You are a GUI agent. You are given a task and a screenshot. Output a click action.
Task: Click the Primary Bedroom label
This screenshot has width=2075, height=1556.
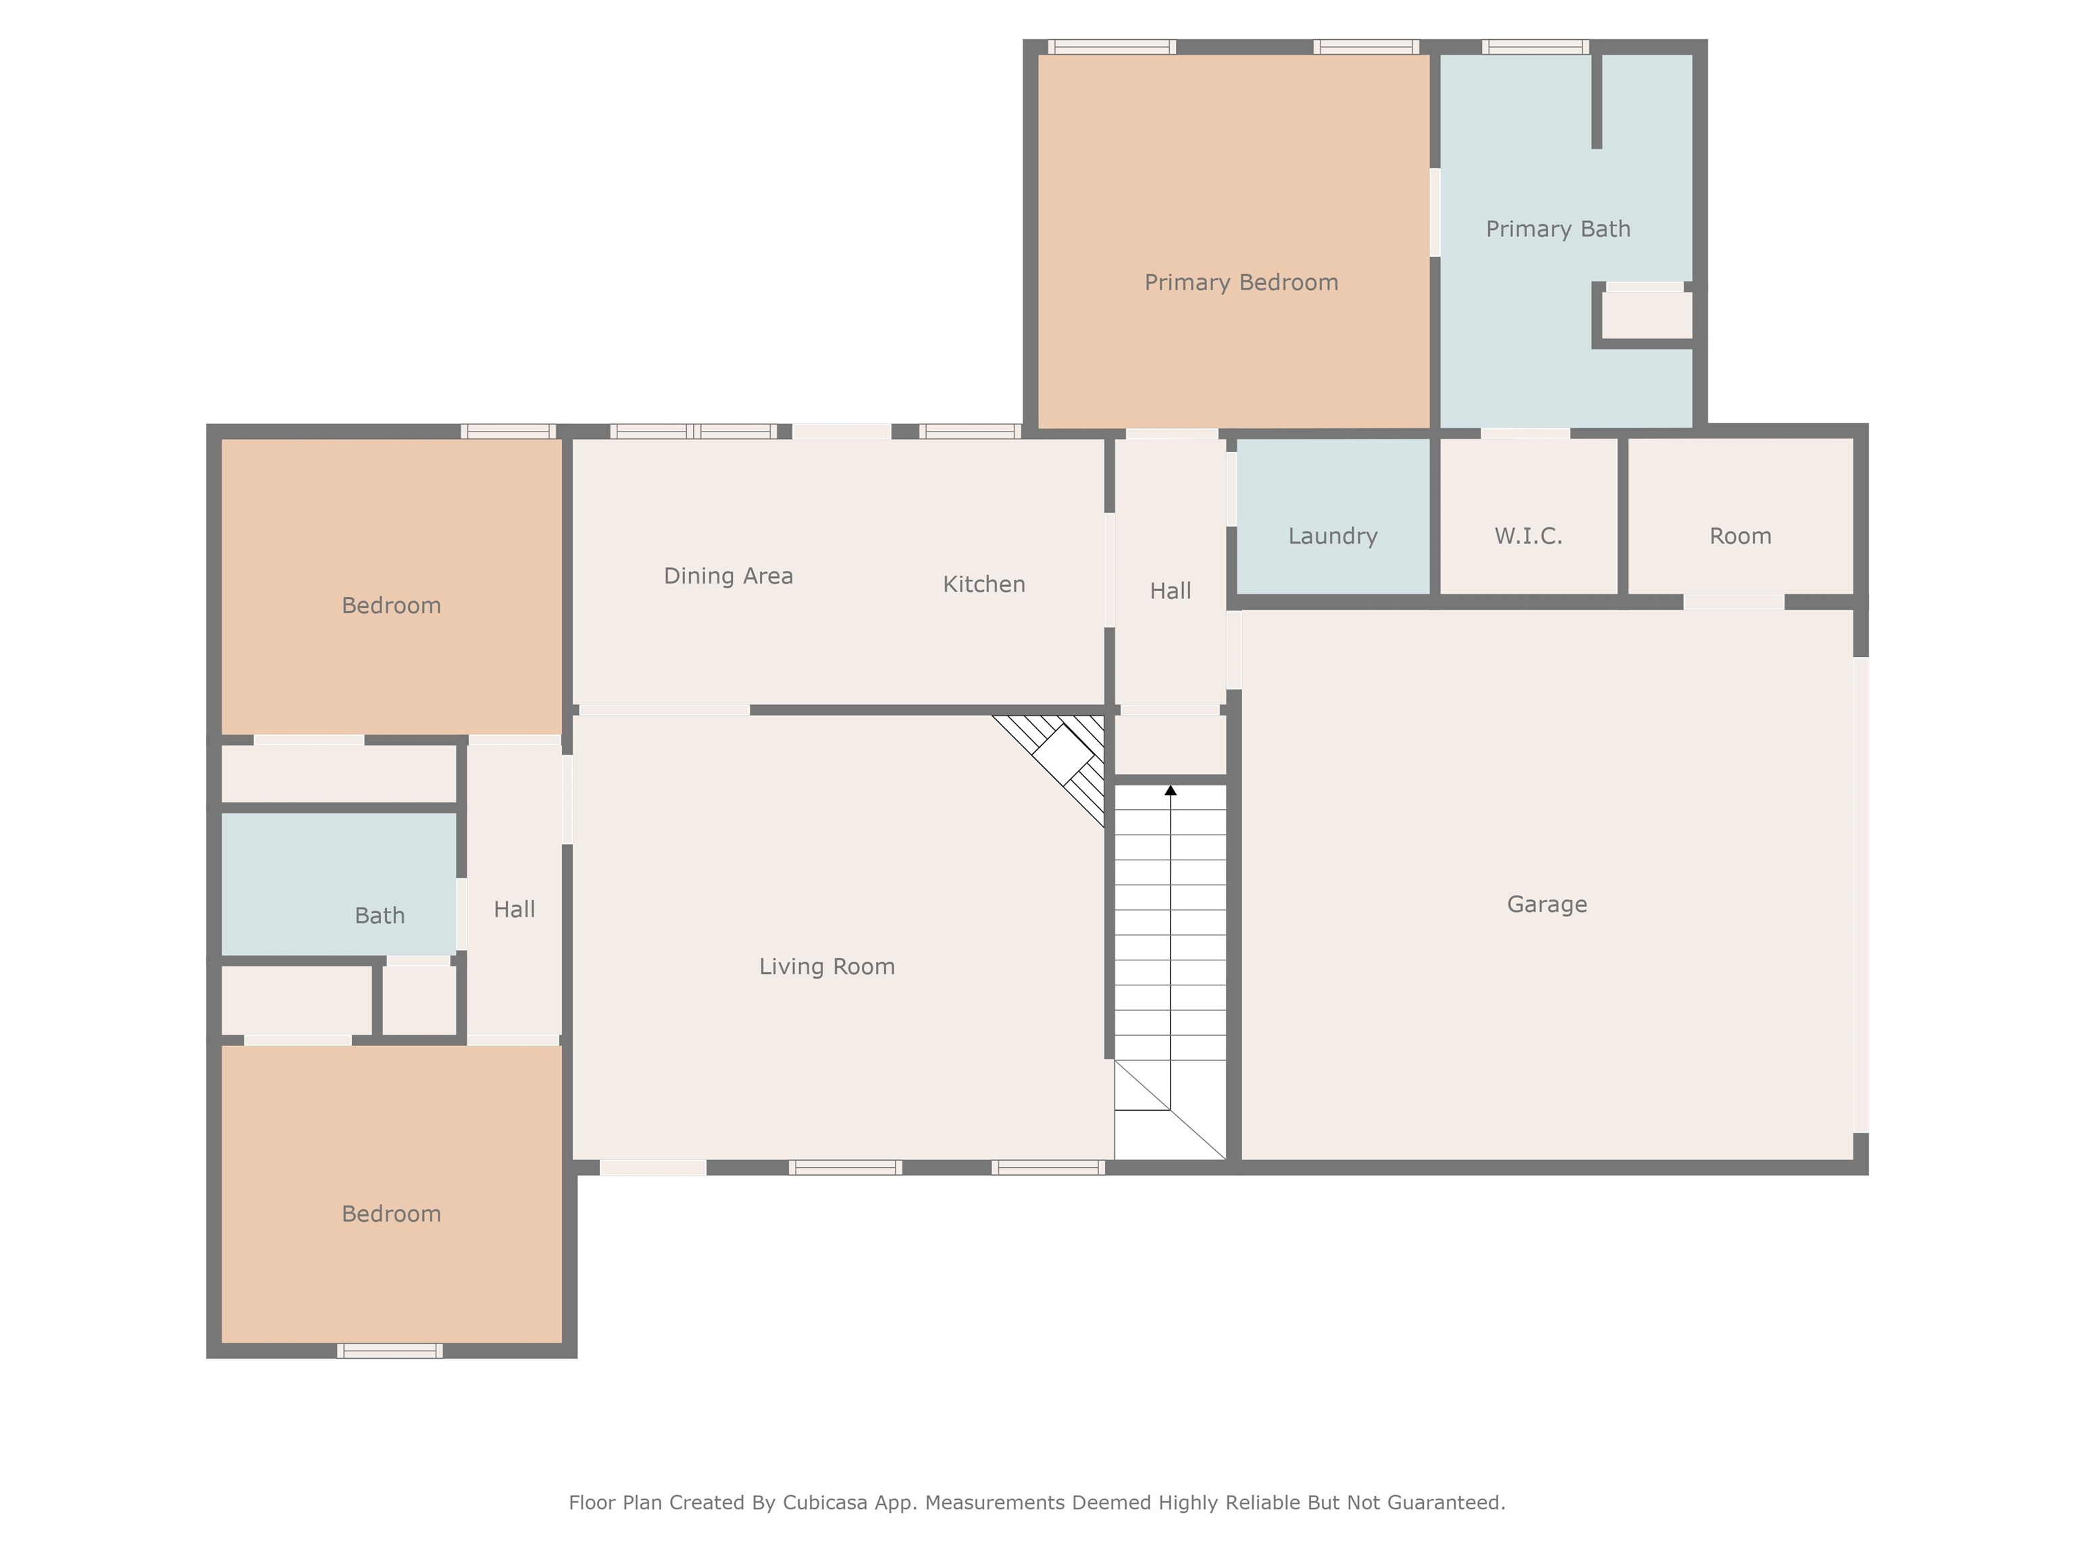pyautogui.click(x=1241, y=282)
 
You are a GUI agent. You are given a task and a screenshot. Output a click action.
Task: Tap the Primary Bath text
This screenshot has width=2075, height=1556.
pyautogui.click(x=1558, y=229)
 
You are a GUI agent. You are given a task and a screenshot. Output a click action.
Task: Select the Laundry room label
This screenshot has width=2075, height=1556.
pyautogui.click(x=1333, y=536)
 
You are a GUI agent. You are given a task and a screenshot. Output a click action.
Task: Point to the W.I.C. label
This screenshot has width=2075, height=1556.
pyautogui.click(x=1528, y=536)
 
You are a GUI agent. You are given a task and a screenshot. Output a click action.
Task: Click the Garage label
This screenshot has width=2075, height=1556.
pyautogui.click(x=1547, y=904)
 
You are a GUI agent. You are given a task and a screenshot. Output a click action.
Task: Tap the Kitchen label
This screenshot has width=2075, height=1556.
pyautogui.click(x=984, y=584)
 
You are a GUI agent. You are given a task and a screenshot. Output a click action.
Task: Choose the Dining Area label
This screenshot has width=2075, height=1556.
pyautogui.click(x=728, y=576)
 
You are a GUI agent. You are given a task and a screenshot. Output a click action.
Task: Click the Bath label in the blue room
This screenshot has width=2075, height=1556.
pyautogui.click(x=380, y=915)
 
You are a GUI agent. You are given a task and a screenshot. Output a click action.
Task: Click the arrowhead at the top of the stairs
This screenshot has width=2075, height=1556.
pyautogui.click(x=1171, y=791)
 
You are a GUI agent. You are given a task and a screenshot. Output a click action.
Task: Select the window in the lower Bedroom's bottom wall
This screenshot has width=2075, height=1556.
pyautogui.click(x=390, y=1351)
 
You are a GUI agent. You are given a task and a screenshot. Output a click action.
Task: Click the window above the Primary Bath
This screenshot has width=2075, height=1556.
pyautogui.click(x=1535, y=47)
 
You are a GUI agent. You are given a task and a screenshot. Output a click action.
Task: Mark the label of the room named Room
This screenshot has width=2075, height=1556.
pyautogui.click(x=1740, y=536)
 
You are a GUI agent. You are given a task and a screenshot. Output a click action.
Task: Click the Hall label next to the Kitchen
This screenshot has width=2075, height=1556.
pyautogui.click(x=1171, y=591)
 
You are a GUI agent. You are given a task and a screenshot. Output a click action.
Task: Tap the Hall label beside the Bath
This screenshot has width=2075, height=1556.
pyautogui.click(x=514, y=909)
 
